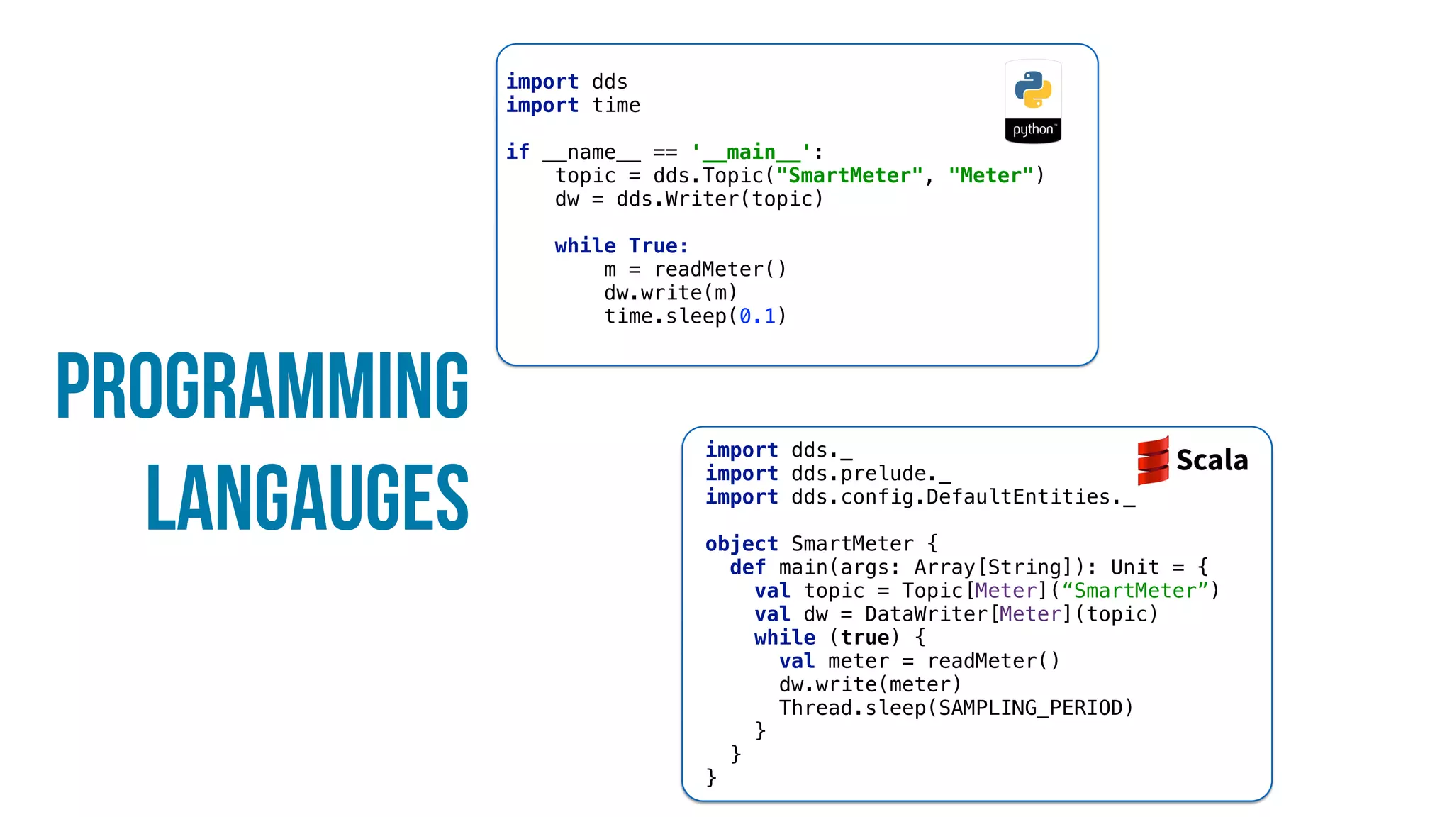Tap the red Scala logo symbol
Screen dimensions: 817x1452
tap(1153, 460)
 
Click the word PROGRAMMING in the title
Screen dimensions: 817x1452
tap(262, 386)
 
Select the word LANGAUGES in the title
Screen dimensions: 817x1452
tap(307, 498)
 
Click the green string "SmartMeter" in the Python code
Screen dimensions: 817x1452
tap(849, 176)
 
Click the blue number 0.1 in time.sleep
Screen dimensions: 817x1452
tap(757, 316)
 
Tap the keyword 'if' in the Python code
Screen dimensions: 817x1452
tap(518, 152)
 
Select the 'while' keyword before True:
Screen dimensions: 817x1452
tap(585, 246)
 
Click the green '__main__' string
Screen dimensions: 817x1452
tap(751, 152)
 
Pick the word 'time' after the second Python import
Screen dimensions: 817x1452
tap(616, 106)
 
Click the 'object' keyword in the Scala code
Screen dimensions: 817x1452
tap(741, 544)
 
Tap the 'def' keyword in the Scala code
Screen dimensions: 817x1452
tap(747, 567)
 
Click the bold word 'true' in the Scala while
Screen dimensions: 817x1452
tap(865, 638)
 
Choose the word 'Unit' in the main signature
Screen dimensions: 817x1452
tap(1134, 567)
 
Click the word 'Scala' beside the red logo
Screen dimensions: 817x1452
tap(1212, 460)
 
